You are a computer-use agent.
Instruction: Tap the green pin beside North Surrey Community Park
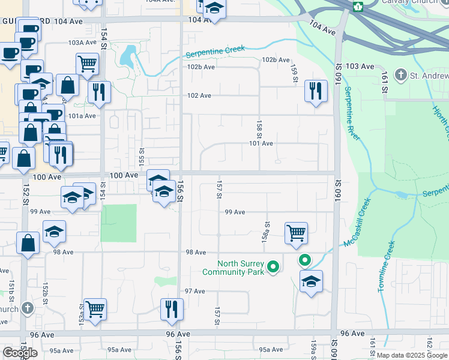[x=273, y=266]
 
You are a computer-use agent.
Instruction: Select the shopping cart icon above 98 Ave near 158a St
[x=297, y=233]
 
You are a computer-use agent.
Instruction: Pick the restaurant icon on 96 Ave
[x=172, y=310]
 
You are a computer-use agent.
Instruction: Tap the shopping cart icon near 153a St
[x=95, y=310]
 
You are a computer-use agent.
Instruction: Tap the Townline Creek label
[x=386, y=267]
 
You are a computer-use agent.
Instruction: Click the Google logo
[x=20, y=353]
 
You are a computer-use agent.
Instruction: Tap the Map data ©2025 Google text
[x=412, y=355]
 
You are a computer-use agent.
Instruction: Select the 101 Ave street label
[x=261, y=143]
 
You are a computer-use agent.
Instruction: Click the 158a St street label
[x=265, y=229]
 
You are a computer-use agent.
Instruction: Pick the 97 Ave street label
[x=195, y=291]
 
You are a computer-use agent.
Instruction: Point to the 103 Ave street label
[x=360, y=66]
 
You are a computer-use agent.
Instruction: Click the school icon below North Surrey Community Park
[x=311, y=281]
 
